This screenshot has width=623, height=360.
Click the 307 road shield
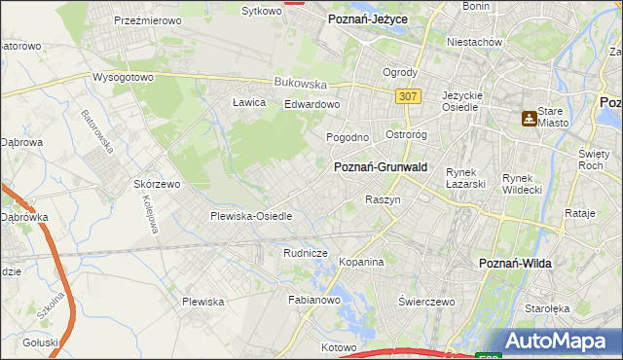click(408, 96)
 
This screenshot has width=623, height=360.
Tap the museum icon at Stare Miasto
click(529, 119)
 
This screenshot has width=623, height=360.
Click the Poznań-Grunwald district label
click(382, 167)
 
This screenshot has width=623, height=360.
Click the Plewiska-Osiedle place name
click(251, 216)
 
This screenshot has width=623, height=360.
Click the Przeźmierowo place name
click(150, 19)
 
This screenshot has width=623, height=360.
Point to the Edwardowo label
click(311, 104)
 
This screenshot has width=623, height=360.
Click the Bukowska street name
click(299, 84)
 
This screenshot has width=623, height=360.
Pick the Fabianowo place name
click(312, 301)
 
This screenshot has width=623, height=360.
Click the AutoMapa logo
click(556, 342)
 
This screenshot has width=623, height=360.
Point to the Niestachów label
click(473, 43)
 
